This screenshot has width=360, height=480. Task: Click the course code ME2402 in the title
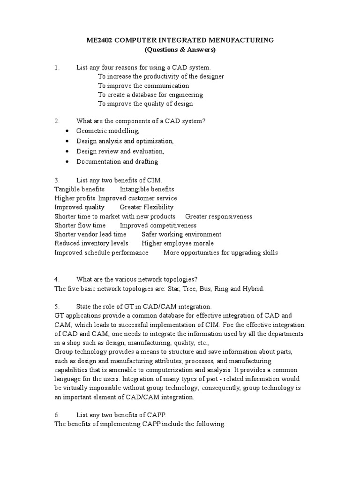click(99, 40)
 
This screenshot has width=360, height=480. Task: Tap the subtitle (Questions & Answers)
click(180, 50)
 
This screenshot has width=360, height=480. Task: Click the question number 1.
click(57, 68)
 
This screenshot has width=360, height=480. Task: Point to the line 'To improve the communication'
click(143, 86)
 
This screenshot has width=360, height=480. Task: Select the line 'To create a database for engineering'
click(150, 95)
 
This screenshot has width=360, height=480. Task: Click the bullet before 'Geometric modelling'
click(68, 131)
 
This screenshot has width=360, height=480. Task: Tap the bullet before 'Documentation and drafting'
click(68, 162)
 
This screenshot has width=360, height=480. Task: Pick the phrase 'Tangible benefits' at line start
click(79, 189)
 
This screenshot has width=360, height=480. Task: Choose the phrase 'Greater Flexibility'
click(146, 207)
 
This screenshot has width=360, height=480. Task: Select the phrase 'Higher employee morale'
click(178, 243)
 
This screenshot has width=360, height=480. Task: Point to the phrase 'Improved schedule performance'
click(101, 253)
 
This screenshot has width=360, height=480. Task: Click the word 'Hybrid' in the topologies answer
click(253, 289)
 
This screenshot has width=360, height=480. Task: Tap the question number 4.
click(57, 280)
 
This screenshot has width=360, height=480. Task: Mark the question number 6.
click(57, 415)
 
